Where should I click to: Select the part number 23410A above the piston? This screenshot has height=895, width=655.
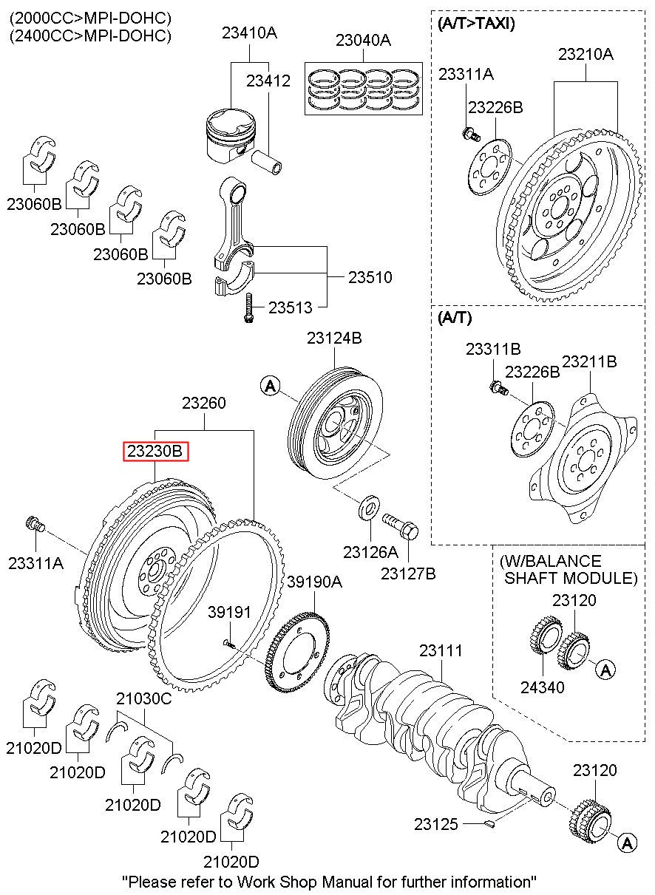[x=249, y=33]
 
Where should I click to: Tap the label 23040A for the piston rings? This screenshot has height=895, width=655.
[x=362, y=41]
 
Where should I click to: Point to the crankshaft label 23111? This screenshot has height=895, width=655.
[x=441, y=651]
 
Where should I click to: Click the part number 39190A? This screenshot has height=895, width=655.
[x=314, y=582]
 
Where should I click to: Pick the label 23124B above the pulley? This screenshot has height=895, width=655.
[x=334, y=338]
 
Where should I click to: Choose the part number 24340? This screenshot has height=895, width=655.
[x=543, y=688]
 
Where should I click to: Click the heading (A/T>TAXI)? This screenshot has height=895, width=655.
[x=476, y=23]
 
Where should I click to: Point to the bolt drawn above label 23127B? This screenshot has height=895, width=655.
[x=400, y=526]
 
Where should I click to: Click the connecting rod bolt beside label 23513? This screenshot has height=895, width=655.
[x=250, y=307]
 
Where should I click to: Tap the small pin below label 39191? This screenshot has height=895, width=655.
[x=230, y=644]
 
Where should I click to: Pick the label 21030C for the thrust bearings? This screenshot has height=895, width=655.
[x=143, y=698]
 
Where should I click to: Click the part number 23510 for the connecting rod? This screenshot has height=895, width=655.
[x=370, y=278]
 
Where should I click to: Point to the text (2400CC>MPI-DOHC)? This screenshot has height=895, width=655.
[x=90, y=35]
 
